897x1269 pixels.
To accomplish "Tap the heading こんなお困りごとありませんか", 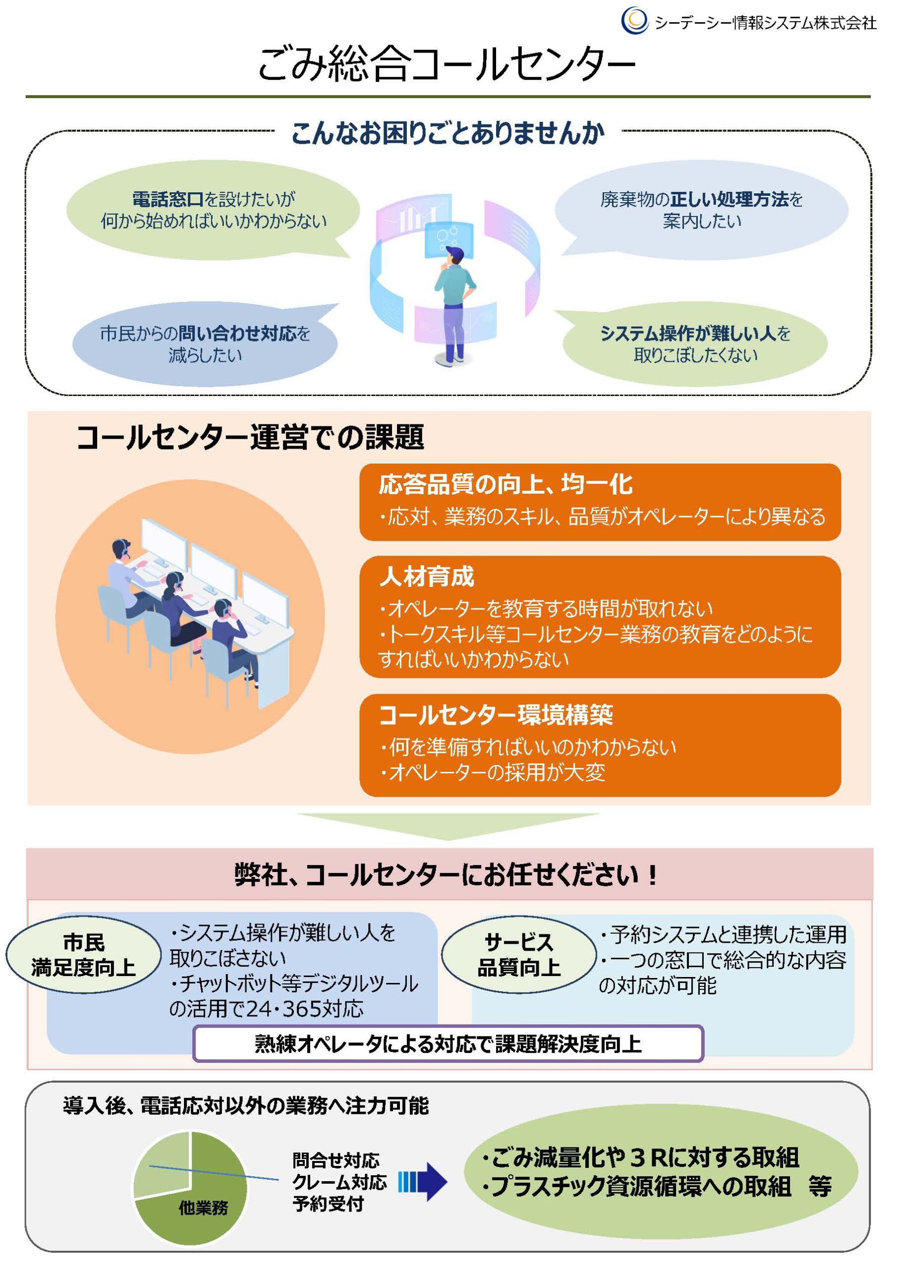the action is click(447, 133).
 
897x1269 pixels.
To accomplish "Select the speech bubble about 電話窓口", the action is click(213, 210).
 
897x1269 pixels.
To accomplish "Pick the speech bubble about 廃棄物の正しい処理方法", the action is click(701, 210).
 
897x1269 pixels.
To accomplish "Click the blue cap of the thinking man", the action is click(456, 253).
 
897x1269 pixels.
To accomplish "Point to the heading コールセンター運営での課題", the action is click(250, 437).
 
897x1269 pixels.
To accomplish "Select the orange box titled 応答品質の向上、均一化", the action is click(600, 501).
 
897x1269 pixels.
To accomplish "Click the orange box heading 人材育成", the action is click(427, 577).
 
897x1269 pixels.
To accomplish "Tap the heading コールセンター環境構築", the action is click(495, 715).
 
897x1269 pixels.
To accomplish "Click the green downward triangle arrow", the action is click(448, 825).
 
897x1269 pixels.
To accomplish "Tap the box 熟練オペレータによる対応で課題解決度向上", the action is click(448, 1043).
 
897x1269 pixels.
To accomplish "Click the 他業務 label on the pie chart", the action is click(203, 1208).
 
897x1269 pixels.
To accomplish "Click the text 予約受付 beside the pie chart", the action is click(328, 1204).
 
